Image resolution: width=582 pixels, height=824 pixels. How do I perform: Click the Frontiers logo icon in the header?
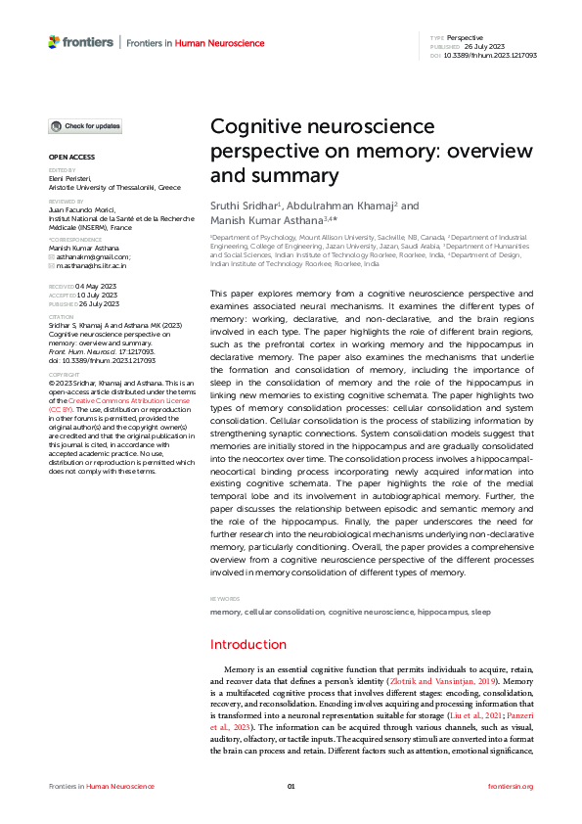pyautogui.click(x=55, y=42)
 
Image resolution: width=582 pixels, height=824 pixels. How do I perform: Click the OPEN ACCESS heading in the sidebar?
pyautogui.click(x=72, y=157)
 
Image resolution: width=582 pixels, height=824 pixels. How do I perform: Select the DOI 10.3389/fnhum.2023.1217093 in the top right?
pyautogui.click(x=489, y=55)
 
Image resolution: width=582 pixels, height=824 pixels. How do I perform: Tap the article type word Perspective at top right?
pyautogui.click(x=465, y=36)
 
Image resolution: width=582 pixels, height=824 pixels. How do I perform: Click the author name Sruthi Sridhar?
pyautogui.click(x=245, y=206)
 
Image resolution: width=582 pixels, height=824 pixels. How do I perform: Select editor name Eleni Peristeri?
pyautogui.click(x=69, y=179)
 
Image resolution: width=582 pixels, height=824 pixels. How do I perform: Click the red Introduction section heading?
pyautogui.click(x=248, y=645)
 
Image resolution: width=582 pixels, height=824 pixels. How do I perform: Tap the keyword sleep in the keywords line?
pyautogui.click(x=482, y=611)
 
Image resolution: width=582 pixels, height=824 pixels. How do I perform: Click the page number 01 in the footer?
pyautogui.click(x=291, y=787)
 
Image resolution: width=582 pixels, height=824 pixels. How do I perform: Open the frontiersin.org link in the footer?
pyautogui.click(x=510, y=787)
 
